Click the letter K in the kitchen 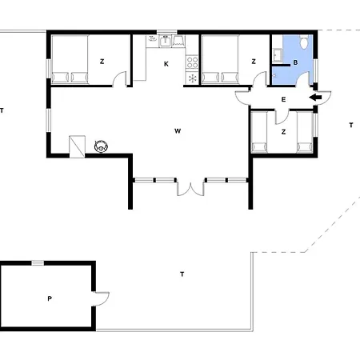coord(166,63)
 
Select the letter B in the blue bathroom coord(295,62)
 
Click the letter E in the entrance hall coord(283,99)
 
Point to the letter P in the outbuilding coord(49,298)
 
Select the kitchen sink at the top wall coord(166,40)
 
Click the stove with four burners coord(192,62)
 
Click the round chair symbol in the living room coord(102,146)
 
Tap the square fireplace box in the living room coord(78,145)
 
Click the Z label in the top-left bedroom coord(102,62)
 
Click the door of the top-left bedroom coord(120,78)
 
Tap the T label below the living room coord(182,274)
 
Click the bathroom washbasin coord(278,55)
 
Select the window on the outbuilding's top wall coord(37,262)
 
